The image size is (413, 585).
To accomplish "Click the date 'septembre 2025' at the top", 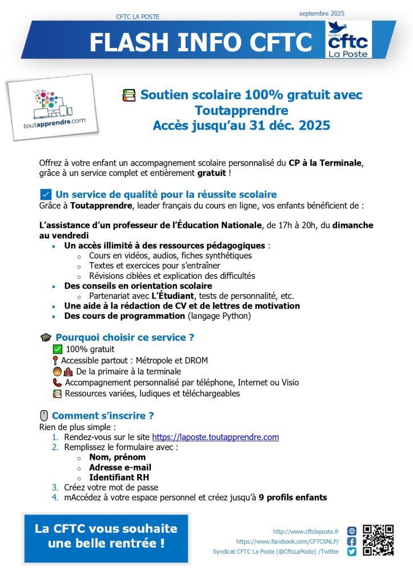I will click(x=322, y=13).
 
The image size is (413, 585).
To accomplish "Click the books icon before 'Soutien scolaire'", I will click(x=129, y=95).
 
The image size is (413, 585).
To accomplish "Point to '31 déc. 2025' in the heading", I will click(x=296, y=125).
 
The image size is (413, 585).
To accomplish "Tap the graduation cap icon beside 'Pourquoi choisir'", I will click(x=46, y=338).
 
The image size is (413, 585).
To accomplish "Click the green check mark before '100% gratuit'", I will click(x=57, y=349).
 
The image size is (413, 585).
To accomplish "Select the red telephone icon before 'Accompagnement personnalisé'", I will click(x=57, y=383).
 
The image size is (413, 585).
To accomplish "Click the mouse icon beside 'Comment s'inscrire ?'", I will click(x=44, y=416).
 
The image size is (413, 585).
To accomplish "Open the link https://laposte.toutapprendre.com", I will click(x=215, y=438).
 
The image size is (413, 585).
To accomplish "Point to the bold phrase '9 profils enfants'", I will click(x=292, y=498).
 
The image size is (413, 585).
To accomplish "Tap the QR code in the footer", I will click(x=378, y=540).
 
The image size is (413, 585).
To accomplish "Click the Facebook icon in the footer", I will click(x=352, y=541).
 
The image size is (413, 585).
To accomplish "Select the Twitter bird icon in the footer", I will click(x=352, y=552).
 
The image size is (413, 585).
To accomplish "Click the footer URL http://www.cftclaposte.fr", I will click(x=306, y=531).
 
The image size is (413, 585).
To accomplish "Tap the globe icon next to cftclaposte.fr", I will click(x=352, y=531).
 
